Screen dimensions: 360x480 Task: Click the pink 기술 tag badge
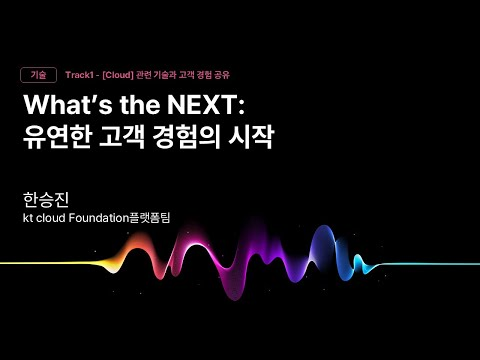pyautogui.click(x=38, y=75)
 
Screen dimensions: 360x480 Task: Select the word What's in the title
pyautogui.click(x=64, y=107)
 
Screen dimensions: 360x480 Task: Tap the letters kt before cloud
pyautogui.click(x=28, y=216)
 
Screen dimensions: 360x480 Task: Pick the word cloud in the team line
pyautogui.click(x=55, y=216)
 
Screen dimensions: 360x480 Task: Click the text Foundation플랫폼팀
pyautogui.click(x=126, y=216)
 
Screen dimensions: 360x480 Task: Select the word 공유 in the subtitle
pyautogui.click(x=232, y=75)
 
